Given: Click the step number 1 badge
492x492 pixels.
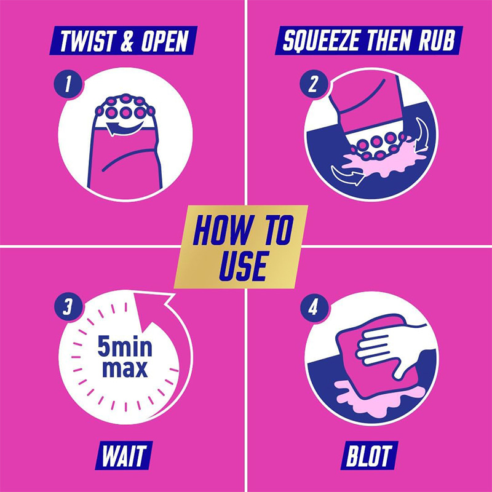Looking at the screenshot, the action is point(68,84).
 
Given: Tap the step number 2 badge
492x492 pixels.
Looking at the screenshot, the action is point(314,84).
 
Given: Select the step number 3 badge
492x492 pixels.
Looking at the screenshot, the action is point(68,307).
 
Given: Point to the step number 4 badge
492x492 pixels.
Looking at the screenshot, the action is point(314,307).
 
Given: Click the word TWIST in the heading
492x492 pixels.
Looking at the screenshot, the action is point(87,41).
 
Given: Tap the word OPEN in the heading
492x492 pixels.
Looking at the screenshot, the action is point(165,41).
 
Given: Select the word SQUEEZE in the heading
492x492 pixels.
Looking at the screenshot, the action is point(320,41).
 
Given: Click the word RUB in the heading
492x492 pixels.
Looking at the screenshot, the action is point(437,41).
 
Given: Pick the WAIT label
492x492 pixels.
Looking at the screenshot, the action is point(124,455).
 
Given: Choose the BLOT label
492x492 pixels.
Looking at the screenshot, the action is point(369,455).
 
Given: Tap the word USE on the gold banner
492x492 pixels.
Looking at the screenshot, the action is point(244,266).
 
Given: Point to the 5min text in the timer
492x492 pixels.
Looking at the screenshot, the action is point(125,346).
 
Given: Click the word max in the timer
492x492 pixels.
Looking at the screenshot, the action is point(125,368).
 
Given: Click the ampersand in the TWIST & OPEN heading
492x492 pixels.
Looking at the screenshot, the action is point(127,41).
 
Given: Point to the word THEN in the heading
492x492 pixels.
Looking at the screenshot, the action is point(389,41).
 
